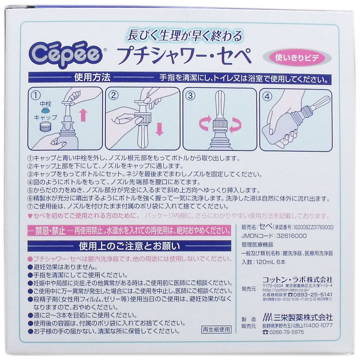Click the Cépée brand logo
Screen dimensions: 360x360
[x=66, y=54]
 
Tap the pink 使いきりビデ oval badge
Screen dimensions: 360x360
[x=297, y=58]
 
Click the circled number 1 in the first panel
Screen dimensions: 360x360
[x=36, y=96]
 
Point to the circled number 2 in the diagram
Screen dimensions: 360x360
[x=113, y=96]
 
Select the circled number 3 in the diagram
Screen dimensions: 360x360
[x=190, y=96]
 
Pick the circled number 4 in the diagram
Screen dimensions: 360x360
[x=267, y=97]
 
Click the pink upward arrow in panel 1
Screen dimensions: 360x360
[x=83, y=115]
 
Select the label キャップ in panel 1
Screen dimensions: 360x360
[x=45, y=117]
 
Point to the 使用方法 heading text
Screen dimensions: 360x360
[x=92, y=78]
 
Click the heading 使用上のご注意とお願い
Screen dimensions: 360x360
[x=130, y=246]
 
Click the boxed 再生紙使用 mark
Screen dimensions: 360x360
[x=216, y=329]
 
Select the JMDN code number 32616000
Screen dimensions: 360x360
[x=292, y=236]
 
